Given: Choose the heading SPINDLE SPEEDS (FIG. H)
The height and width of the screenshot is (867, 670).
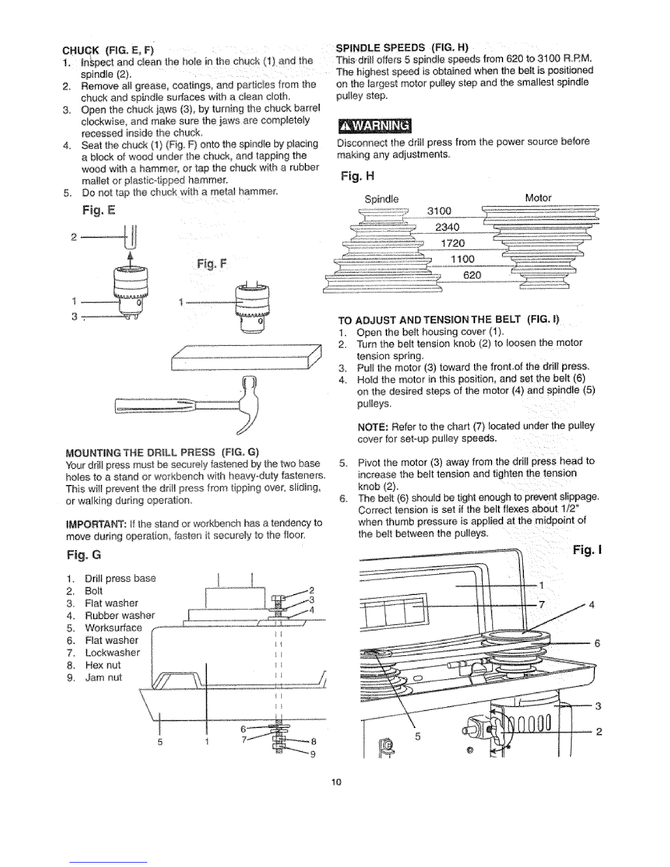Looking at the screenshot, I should (405, 45).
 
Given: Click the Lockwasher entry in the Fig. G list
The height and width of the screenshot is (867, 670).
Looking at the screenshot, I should (112, 652).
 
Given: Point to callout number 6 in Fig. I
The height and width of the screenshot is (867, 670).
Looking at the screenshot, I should (598, 643).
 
